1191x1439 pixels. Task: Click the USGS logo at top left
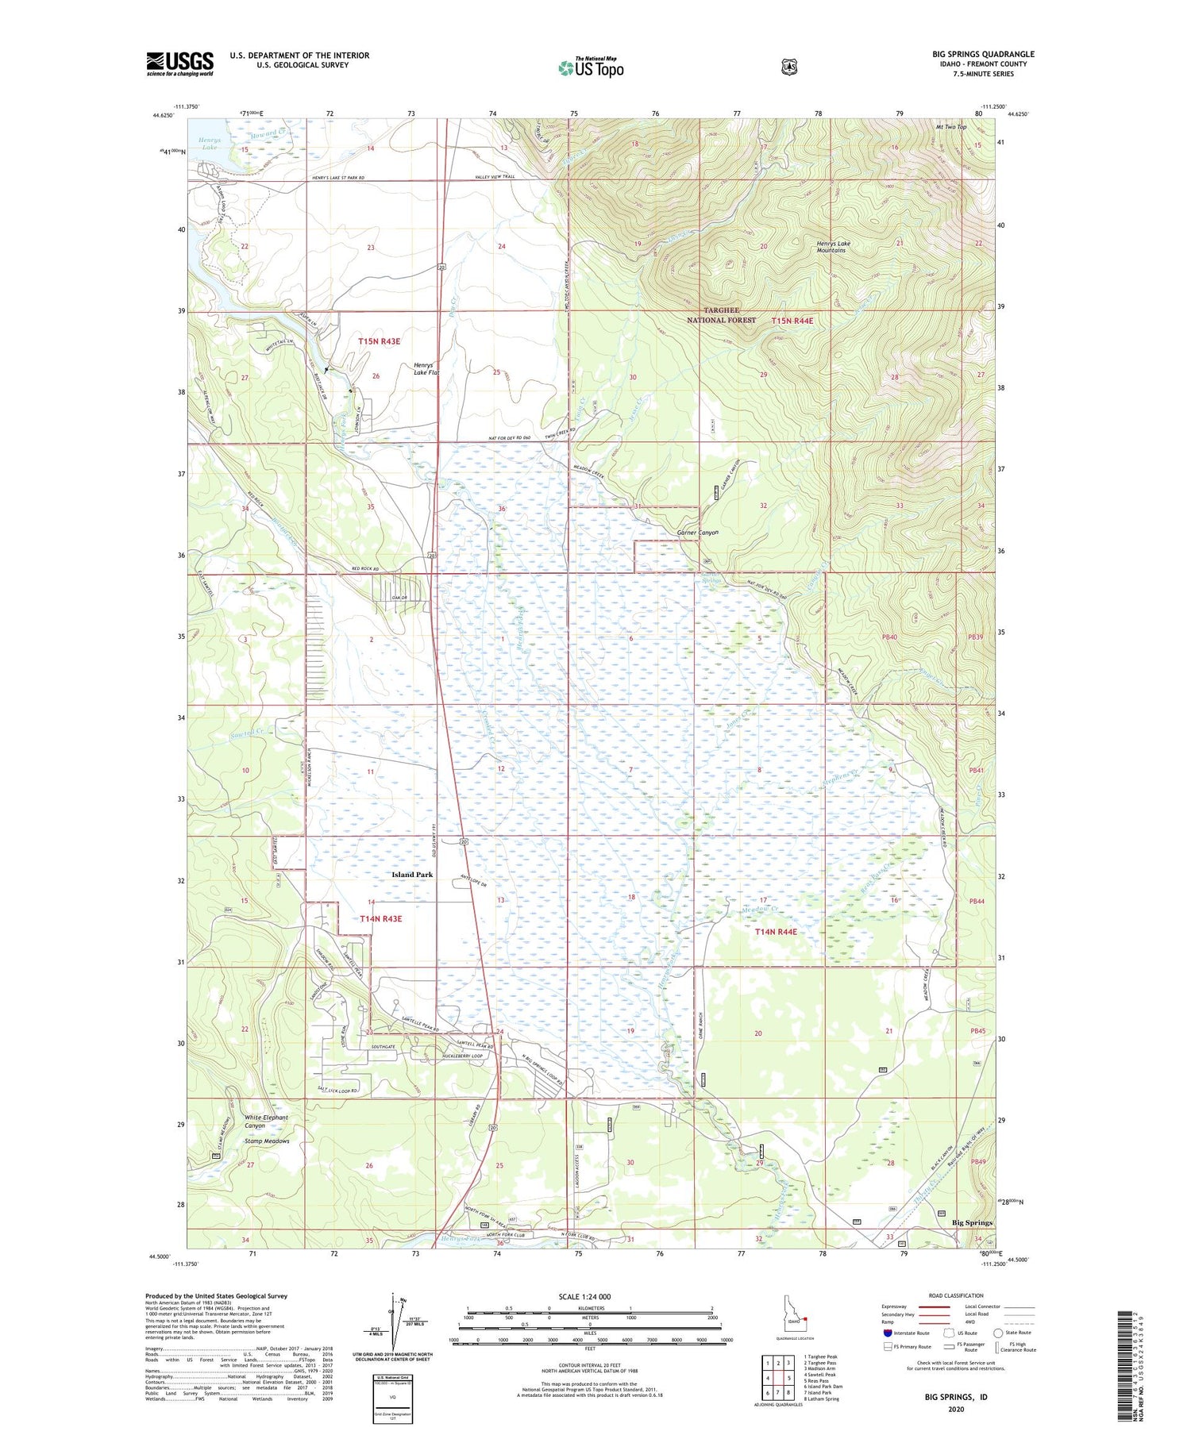[x=179, y=63]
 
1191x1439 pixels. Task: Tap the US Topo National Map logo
[x=591, y=67]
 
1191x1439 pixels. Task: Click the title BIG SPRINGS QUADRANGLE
[x=983, y=55]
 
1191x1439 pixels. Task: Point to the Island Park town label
[x=412, y=874]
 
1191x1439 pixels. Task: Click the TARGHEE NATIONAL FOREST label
[x=721, y=315]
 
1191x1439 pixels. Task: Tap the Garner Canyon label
[x=697, y=533]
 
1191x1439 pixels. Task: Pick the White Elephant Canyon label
[x=266, y=1122]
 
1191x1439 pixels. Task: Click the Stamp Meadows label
[x=267, y=1141]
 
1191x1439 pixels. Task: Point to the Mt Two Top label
[x=951, y=127]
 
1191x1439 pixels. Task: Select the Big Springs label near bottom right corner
[x=972, y=1223]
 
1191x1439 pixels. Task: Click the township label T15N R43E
[x=379, y=341]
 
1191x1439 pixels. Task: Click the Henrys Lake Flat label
[x=426, y=368]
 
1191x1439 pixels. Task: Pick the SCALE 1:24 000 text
[x=584, y=1297]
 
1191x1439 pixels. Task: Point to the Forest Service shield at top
[x=788, y=67]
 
